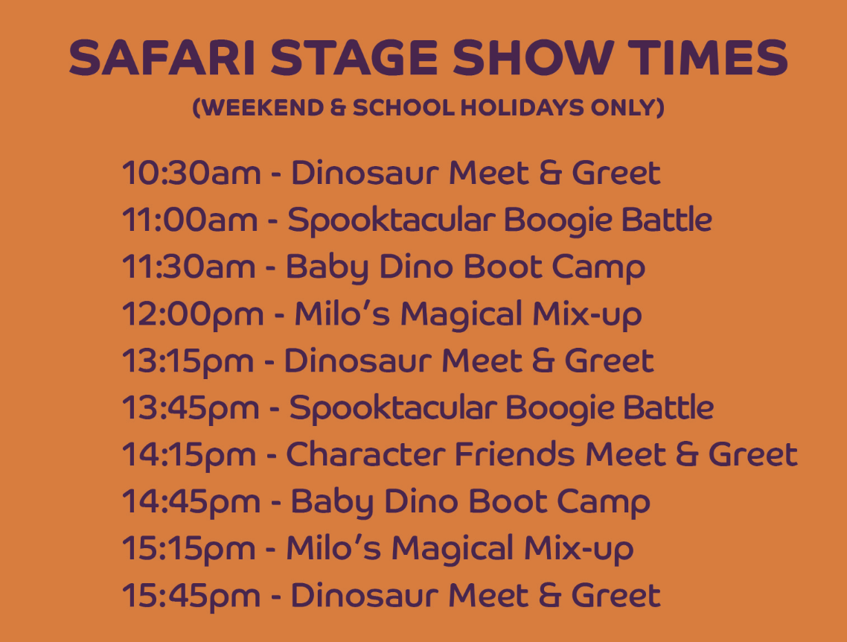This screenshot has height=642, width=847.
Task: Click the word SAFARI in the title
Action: click(162, 58)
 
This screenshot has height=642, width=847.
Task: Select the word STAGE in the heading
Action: click(354, 58)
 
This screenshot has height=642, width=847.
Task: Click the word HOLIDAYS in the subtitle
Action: click(522, 107)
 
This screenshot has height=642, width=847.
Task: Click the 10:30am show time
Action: click(191, 173)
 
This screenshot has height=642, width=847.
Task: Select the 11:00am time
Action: click(190, 220)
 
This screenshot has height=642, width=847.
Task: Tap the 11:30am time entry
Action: click(188, 267)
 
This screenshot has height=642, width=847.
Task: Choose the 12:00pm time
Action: click(193, 314)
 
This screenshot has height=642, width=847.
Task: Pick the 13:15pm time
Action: click(188, 361)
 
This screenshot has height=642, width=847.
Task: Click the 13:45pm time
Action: click(191, 408)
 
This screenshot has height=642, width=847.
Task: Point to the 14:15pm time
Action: click(189, 455)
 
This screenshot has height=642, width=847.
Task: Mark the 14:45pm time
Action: click(191, 502)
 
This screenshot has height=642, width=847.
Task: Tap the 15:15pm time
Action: click(188, 549)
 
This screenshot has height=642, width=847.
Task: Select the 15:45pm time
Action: click(191, 596)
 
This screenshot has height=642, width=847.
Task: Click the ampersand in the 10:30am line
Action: click(551, 173)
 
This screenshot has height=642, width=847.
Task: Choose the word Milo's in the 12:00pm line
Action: click(342, 314)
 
